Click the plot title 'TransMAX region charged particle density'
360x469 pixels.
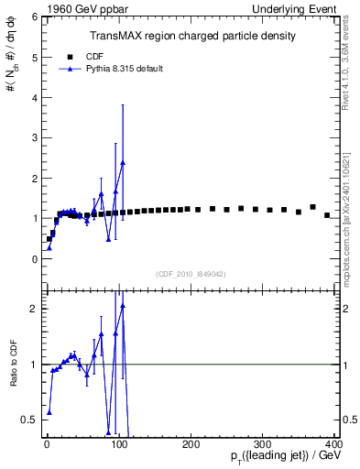(191, 36)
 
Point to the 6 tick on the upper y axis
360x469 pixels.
(36, 16)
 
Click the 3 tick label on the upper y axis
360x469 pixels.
(36, 137)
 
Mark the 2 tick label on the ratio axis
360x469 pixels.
(36, 309)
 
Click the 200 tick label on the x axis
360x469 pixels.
(191, 444)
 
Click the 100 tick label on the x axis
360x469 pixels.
(119, 444)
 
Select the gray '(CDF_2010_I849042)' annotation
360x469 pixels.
(191, 273)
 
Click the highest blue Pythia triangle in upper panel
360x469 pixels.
(123, 163)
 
